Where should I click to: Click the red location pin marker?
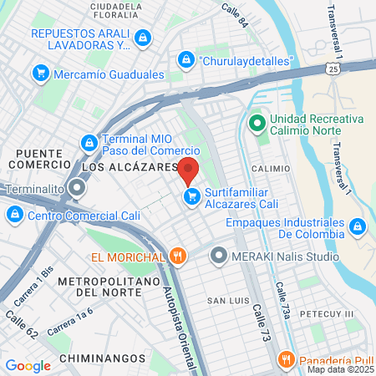coord(188,170)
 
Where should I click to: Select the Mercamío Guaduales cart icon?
coord(40,74)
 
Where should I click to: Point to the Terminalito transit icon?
coord(78,189)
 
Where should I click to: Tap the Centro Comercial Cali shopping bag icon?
coord(13,215)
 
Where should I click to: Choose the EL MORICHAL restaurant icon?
coord(176,256)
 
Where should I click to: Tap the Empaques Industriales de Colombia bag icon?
coord(357,226)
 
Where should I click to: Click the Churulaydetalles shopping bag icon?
coord(185,60)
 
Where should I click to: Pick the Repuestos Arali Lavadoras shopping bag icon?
coord(144,38)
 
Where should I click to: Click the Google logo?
coord(28,365)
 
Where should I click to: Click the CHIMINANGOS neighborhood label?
coord(94,343)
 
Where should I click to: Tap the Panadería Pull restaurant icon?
coord(286,360)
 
